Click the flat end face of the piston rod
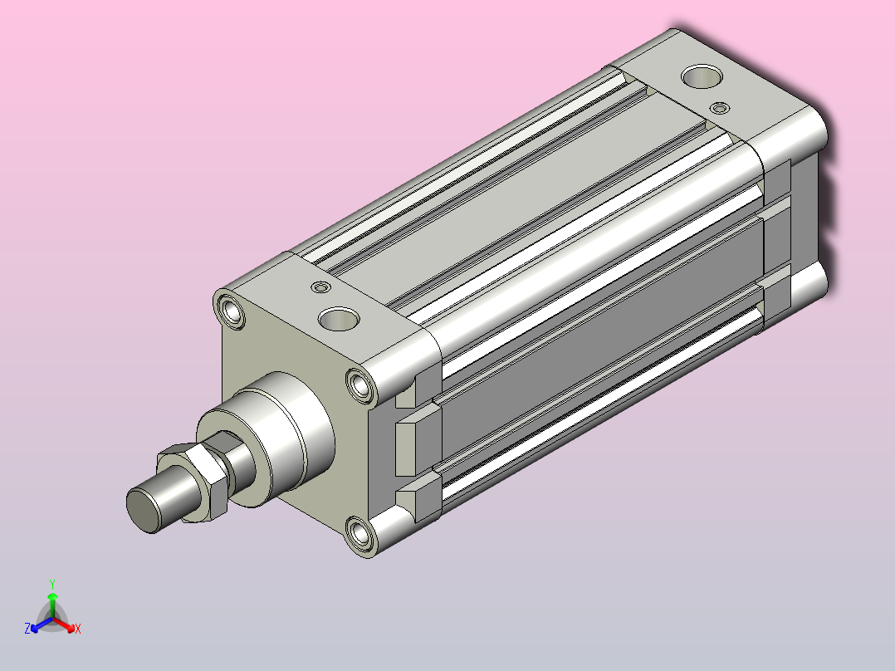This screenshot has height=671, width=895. [x=143, y=509]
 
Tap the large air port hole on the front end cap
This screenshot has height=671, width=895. [x=339, y=319]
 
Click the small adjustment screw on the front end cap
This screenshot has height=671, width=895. [x=321, y=287]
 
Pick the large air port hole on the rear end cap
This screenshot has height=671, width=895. [x=702, y=76]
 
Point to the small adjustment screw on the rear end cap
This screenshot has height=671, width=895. [x=721, y=108]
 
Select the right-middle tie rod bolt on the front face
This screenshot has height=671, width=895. [x=361, y=386]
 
